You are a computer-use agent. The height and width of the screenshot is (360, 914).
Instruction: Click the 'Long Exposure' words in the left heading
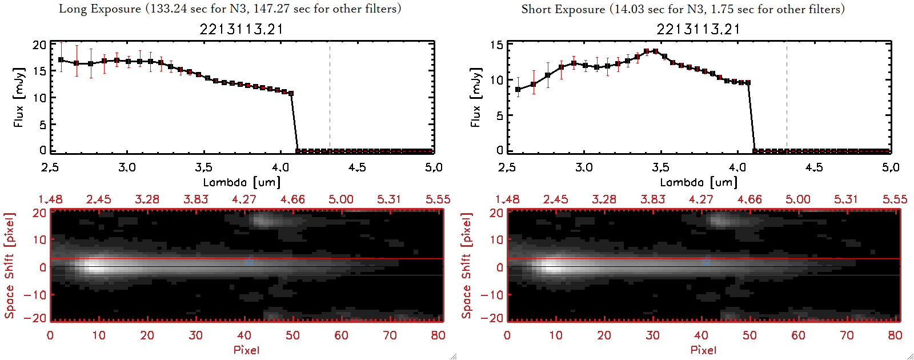[x=100, y=9]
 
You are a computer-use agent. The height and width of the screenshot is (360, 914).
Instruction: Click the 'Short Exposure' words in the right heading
[x=563, y=9]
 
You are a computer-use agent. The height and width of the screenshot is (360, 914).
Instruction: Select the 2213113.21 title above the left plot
[x=241, y=29]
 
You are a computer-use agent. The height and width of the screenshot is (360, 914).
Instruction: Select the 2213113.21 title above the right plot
[x=698, y=29]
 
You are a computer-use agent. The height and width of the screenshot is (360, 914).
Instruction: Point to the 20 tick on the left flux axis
[x=39, y=45]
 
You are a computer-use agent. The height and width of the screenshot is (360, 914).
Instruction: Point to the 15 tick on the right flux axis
[x=496, y=45]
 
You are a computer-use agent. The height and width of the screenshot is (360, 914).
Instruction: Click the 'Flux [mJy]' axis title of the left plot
[x=19, y=97]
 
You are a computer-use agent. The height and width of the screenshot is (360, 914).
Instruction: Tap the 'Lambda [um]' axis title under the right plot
[x=698, y=182]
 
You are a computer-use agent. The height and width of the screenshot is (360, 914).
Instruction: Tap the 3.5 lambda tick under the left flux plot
[x=203, y=167]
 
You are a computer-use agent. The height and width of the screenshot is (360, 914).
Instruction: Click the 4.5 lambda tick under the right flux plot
[x=814, y=167]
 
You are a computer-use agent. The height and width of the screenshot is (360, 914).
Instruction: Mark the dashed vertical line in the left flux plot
[x=330, y=97]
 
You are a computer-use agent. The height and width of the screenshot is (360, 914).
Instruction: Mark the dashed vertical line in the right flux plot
[x=787, y=97]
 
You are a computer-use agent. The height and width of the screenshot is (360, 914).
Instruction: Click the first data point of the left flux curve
[x=61, y=59]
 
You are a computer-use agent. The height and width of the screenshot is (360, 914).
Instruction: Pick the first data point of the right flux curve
[x=518, y=89]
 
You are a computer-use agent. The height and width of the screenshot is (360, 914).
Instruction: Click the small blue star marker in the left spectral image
[x=249, y=261]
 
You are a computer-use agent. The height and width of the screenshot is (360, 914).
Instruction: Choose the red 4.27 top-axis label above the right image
[x=701, y=199]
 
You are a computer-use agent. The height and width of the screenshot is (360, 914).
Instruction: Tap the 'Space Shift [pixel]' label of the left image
[x=9, y=266]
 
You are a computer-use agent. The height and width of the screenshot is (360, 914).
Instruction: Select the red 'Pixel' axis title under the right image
[x=703, y=350]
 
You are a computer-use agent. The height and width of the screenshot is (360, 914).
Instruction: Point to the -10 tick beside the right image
[x=492, y=295]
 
